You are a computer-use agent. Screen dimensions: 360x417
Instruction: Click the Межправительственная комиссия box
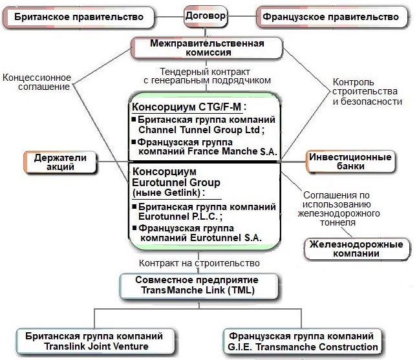point(208,48)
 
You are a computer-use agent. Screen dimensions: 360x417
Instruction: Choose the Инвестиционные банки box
point(350,162)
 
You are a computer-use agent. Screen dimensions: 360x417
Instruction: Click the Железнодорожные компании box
point(357,249)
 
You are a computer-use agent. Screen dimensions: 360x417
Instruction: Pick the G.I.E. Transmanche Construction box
point(302,342)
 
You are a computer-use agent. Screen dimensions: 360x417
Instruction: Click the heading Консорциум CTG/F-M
point(189,107)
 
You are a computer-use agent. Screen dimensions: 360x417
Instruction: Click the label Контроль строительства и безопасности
point(367,92)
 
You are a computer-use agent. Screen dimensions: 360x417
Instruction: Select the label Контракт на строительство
point(200,263)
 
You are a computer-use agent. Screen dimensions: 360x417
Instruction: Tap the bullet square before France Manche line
point(134,142)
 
